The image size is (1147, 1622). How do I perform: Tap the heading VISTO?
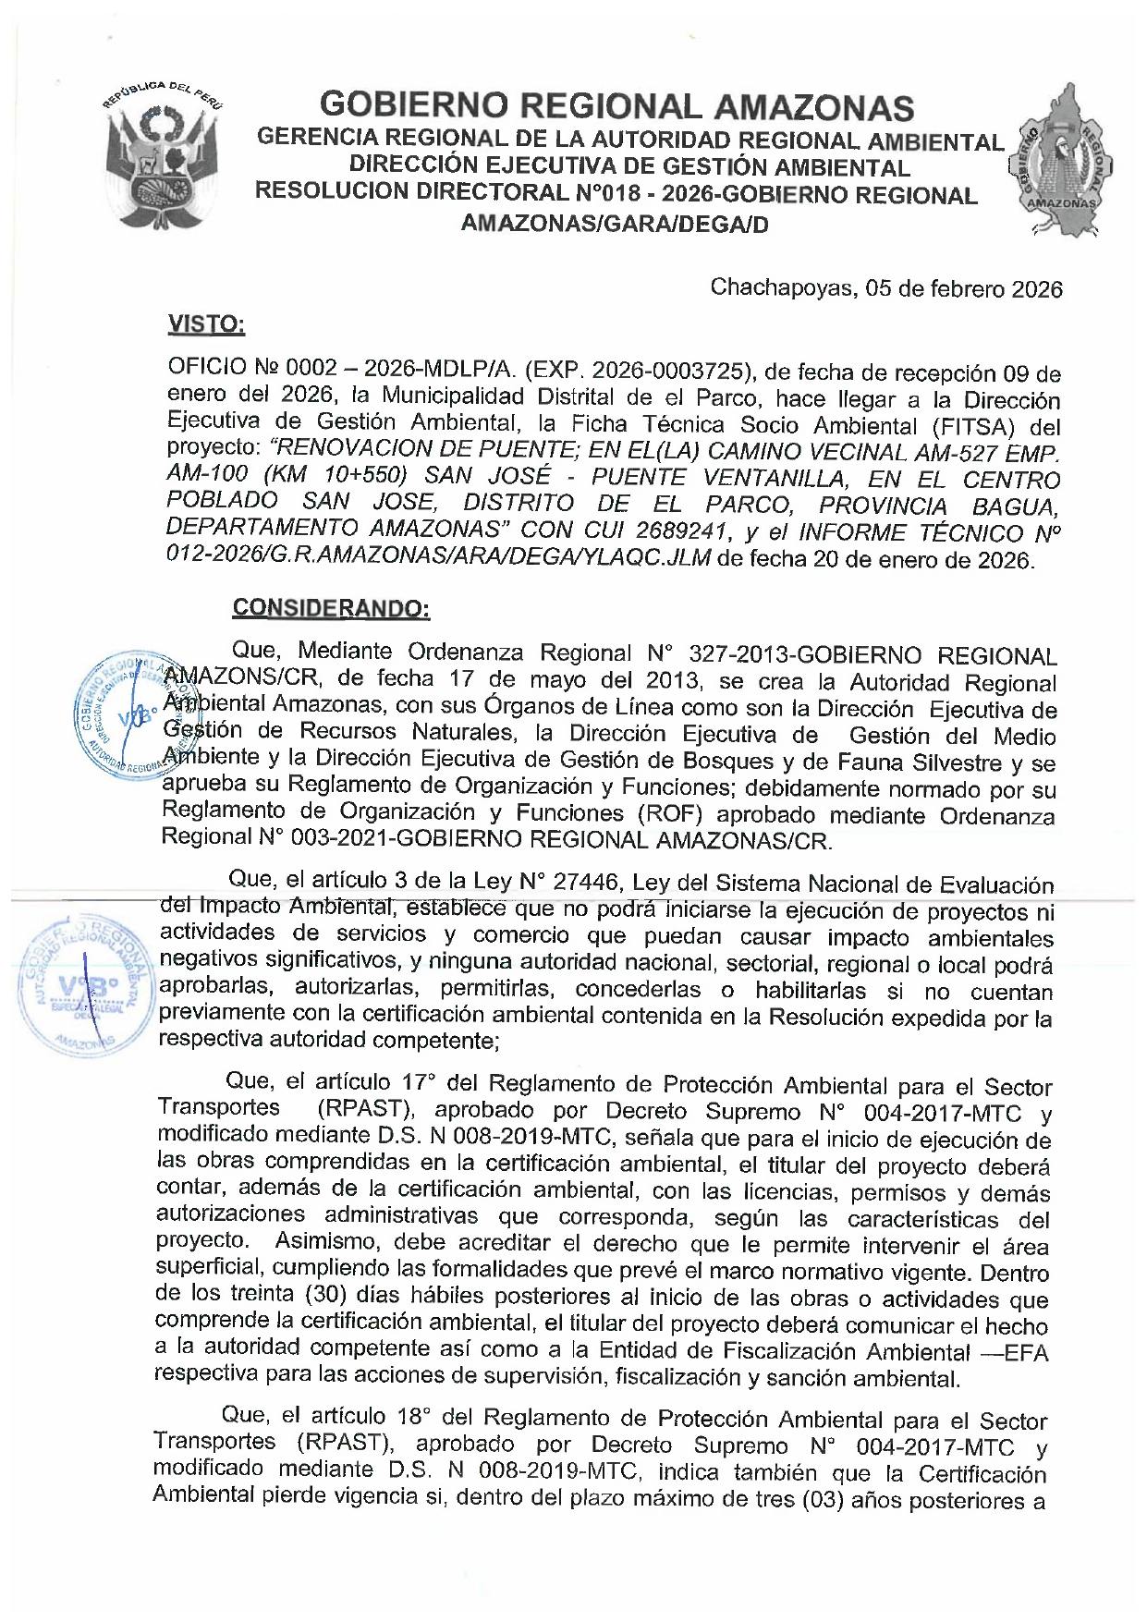click(206, 323)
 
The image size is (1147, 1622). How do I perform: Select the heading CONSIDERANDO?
click(331, 608)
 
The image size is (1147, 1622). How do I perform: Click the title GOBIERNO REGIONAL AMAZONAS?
click(616, 107)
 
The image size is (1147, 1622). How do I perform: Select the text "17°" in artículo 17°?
click(419, 1081)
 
